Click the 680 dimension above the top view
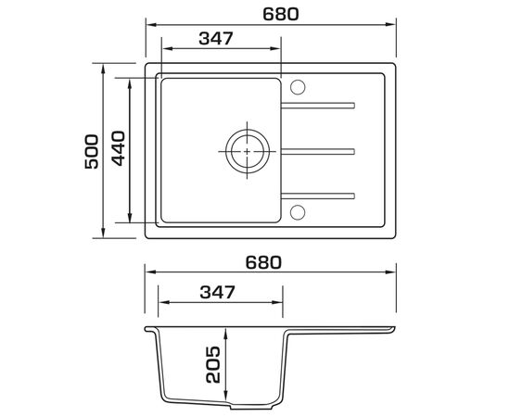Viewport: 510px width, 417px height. pyautogui.click(x=280, y=14)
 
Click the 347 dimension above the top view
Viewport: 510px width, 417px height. pyautogui.click(x=216, y=38)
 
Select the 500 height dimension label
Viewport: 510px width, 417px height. pyautogui.click(x=92, y=151)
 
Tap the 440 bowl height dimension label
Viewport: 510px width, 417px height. pyautogui.click(x=118, y=148)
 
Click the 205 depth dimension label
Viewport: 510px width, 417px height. pyautogui.click(x=213, y=365)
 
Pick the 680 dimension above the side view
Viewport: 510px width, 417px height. pyautogui.click(x=263, y=262)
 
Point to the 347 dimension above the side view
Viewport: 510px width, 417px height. pyautogui.click(x=217, y=292)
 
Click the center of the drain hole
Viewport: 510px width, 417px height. pyautogui.click(x=248, y=151)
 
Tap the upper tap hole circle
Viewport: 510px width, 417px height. pyautogui.click(x=298, y=87)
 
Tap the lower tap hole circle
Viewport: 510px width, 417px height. pyautogui.click(x=298, y=212)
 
